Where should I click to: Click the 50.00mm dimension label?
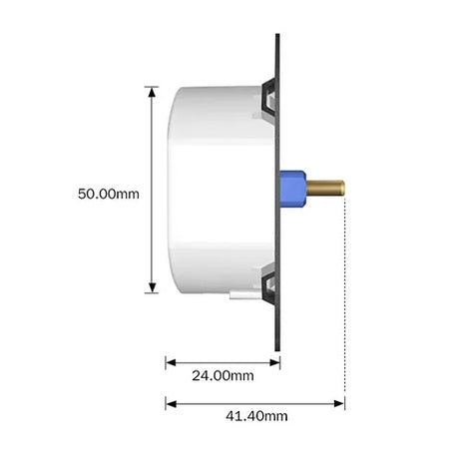click(x=109, y=194)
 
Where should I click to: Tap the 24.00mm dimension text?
click(x=223, y=375)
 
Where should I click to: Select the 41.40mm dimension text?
click(x=256, y=416)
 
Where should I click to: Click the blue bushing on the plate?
click(x=293, y=189)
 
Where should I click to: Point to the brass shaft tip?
click(x=342, y=188)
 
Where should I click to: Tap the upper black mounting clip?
click(x=269, y=98)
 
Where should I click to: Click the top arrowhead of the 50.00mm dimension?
click(x=152, y=93)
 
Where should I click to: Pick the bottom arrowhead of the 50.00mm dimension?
click(x=152, y=287)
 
